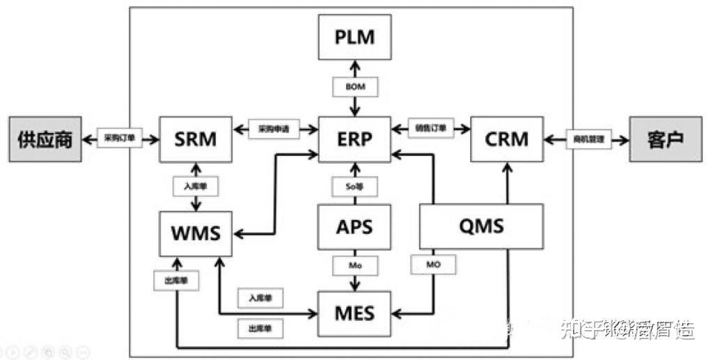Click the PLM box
click(354, 37)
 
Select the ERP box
click(354, 139)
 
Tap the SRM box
click(195, 139)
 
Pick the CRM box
click(506, 139)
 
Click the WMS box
click(196, 232)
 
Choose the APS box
click(354, 227)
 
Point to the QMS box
click(482, 226)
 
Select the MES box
click(354, 313)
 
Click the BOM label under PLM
click(355, 88)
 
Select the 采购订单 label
click(119, 139)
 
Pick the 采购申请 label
click(274, 130)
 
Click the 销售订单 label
click(431, 129)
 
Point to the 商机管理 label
click(588, 139)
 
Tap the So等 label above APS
click(355, 187)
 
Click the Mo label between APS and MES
click(355, 265)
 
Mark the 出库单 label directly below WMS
click(172, 280)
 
